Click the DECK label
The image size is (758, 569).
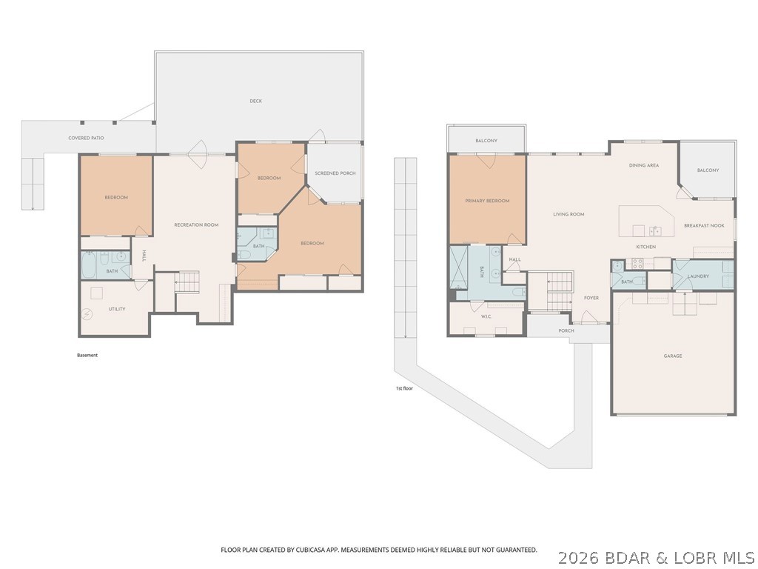[x=255, y=101]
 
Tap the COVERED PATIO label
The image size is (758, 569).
[x=86, y=138]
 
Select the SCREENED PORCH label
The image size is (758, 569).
[x=335, y=173]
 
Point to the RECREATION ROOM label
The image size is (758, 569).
[x=195, y=224]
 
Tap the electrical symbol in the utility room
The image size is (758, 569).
[x=88, y=314]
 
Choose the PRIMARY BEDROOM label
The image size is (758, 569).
[x=487, y=201]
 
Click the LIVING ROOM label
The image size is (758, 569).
[x=568, y=214]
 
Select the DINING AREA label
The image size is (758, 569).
[x=643, y=165]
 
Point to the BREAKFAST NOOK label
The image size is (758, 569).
[x=703, y=225]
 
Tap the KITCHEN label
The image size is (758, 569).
[x=645, y=247]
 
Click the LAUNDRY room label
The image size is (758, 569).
[x=698, y=276]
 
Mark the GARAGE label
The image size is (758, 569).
[x=672, y=356]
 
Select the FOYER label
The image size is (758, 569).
[x=591, y=298]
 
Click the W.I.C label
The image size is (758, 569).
[x=486, y=317]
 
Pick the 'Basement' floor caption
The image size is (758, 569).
[x=87, y=355]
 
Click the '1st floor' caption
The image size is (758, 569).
[x=405, y=387]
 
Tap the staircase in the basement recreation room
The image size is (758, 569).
[x=188, y=282]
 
